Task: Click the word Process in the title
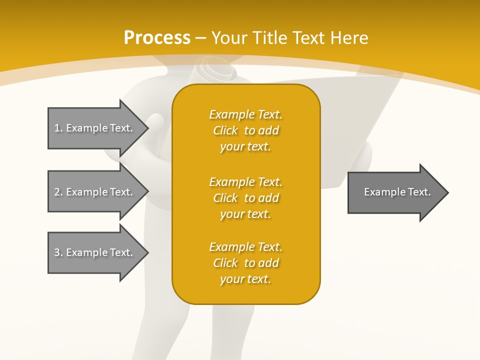pos(157,38)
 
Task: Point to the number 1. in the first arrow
pos(58,128)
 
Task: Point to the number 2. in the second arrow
pos(58,192)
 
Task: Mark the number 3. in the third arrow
pos(58,252)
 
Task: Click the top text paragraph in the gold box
pos(245,130)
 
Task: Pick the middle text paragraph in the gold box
pos(245,198)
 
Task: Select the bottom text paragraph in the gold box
pos(245,263)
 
